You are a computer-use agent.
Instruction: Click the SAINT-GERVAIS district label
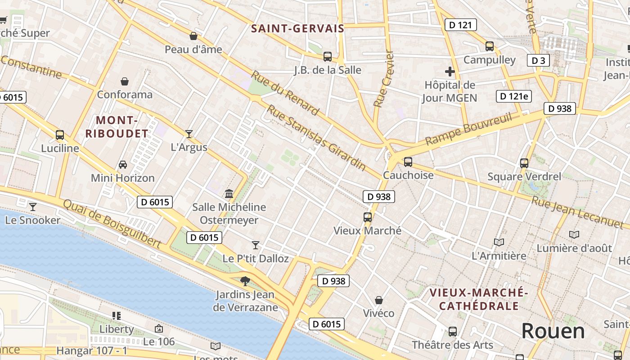pyautogui.click(x=297, y=29)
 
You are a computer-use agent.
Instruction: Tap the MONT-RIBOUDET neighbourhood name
pyautogui.click(x=117, y=127)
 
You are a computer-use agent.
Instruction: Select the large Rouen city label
pyautogui.click(x=553, y=331)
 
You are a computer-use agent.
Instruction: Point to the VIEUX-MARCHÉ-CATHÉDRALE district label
pyautogui.click(x=479, y=299)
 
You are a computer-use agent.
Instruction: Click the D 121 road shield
pyautogui.click(x=460, y=25)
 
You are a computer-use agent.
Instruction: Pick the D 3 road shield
pyautogui.click(x=538, y=60)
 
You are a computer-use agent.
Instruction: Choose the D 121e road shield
pyautogui.click(x=513, y=96)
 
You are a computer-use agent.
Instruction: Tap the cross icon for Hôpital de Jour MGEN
pyautogui.click(x=450, y=72)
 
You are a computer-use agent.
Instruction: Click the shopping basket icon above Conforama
pyautogui.click(x=125, y=81)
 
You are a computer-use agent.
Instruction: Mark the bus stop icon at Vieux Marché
pyautogui.click(x=368, y=217)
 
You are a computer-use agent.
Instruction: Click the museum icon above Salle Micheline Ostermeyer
pyautogui.click(x=229, y=194)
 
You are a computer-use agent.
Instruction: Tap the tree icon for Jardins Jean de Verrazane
pyautogui.click(x=245, y=281)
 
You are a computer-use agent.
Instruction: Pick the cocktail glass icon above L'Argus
pyautogui.click(x=189, y=134)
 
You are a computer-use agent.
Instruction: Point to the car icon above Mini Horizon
pyautogui.click(x=123, y=165)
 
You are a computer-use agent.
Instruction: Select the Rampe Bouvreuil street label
pyautogui.click(x=468, y=129)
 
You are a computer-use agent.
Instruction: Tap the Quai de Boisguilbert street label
pyautogui.click(x=112, y=224)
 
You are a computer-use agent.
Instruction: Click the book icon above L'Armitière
pyautogui.click(x=499, y=243)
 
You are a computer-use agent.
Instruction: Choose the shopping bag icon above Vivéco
pyautogui.click(x=379, y=300)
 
